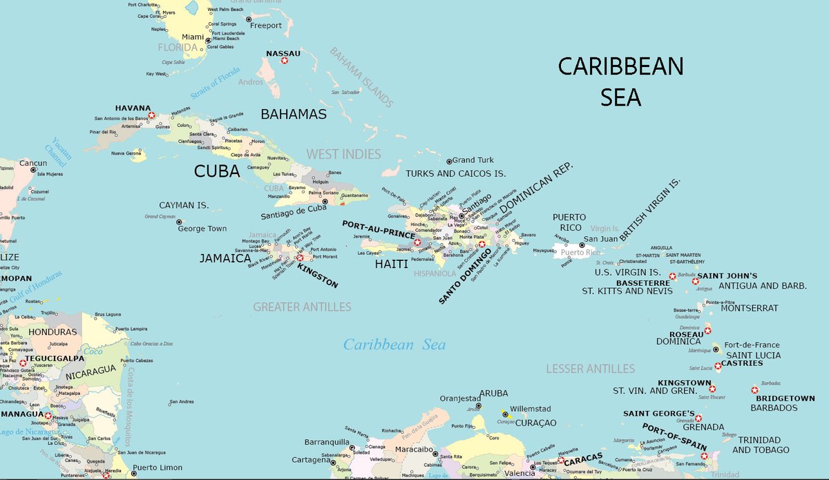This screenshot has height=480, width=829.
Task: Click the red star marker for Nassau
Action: click(284, 61)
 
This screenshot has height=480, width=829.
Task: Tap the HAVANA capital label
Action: click(133, 108)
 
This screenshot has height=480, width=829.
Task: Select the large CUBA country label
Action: click(217, 171)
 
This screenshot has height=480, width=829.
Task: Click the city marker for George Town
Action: click(179, 222)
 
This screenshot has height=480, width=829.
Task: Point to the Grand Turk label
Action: click(473, 160)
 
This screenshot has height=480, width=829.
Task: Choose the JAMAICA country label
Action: click(225, 258)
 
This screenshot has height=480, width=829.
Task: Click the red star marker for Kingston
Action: click(300, 258)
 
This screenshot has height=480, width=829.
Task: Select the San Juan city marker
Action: click(582, 245)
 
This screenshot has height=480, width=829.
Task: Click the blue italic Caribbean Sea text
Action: click(394, 345)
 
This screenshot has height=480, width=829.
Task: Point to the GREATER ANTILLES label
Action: click(302, 307)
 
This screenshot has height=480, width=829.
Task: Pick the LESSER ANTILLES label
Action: click(590, 369)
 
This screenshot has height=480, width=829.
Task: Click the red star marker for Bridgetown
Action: click(754, 390)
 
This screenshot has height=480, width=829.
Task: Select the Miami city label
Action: click(193, 37)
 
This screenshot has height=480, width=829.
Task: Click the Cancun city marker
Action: click(32, 170)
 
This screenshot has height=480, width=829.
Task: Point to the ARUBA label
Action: click(493, 392)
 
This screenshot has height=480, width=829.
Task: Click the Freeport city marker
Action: click(249, 19)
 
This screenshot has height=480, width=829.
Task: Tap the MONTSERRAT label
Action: click(749, 308)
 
